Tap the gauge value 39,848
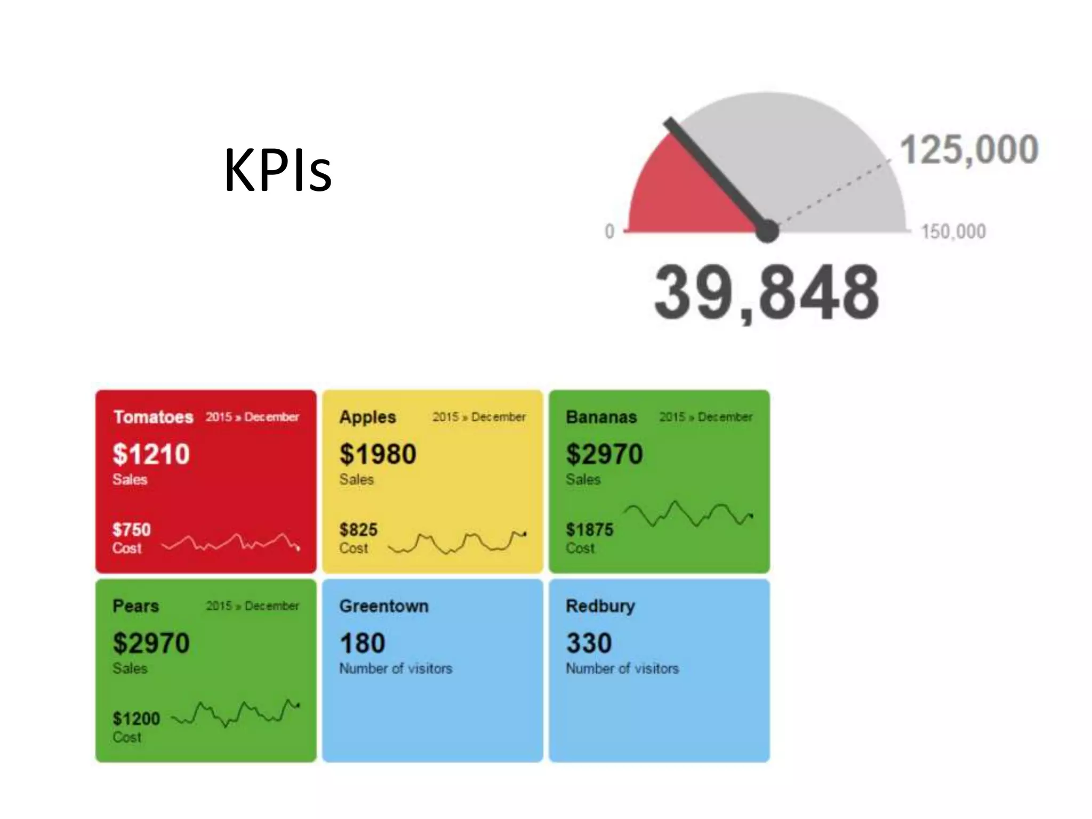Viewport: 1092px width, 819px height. point(766,293)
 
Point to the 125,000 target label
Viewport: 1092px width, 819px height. point(969,150)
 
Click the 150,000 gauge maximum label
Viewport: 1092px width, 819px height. point(953,232)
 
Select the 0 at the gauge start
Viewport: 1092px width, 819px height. point(609,231)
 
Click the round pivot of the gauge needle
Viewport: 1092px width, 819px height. point(767,231)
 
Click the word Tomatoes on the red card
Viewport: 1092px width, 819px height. point(153,417)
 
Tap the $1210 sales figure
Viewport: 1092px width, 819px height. point(151,454)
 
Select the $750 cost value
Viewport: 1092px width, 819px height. point(131,529)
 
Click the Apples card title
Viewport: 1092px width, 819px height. point(367,417)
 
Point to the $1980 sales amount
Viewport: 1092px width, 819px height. point(378,454)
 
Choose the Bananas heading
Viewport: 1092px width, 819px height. point(601,417)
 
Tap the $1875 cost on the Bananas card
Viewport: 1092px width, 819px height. point(589,529)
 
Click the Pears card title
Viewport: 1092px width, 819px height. point(135,606)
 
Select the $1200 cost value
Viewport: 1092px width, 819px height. point(136,719)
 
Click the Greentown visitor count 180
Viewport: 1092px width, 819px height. point(362,643)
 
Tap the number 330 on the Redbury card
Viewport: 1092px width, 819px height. point(589,643)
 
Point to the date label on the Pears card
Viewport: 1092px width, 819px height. point(252,606)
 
